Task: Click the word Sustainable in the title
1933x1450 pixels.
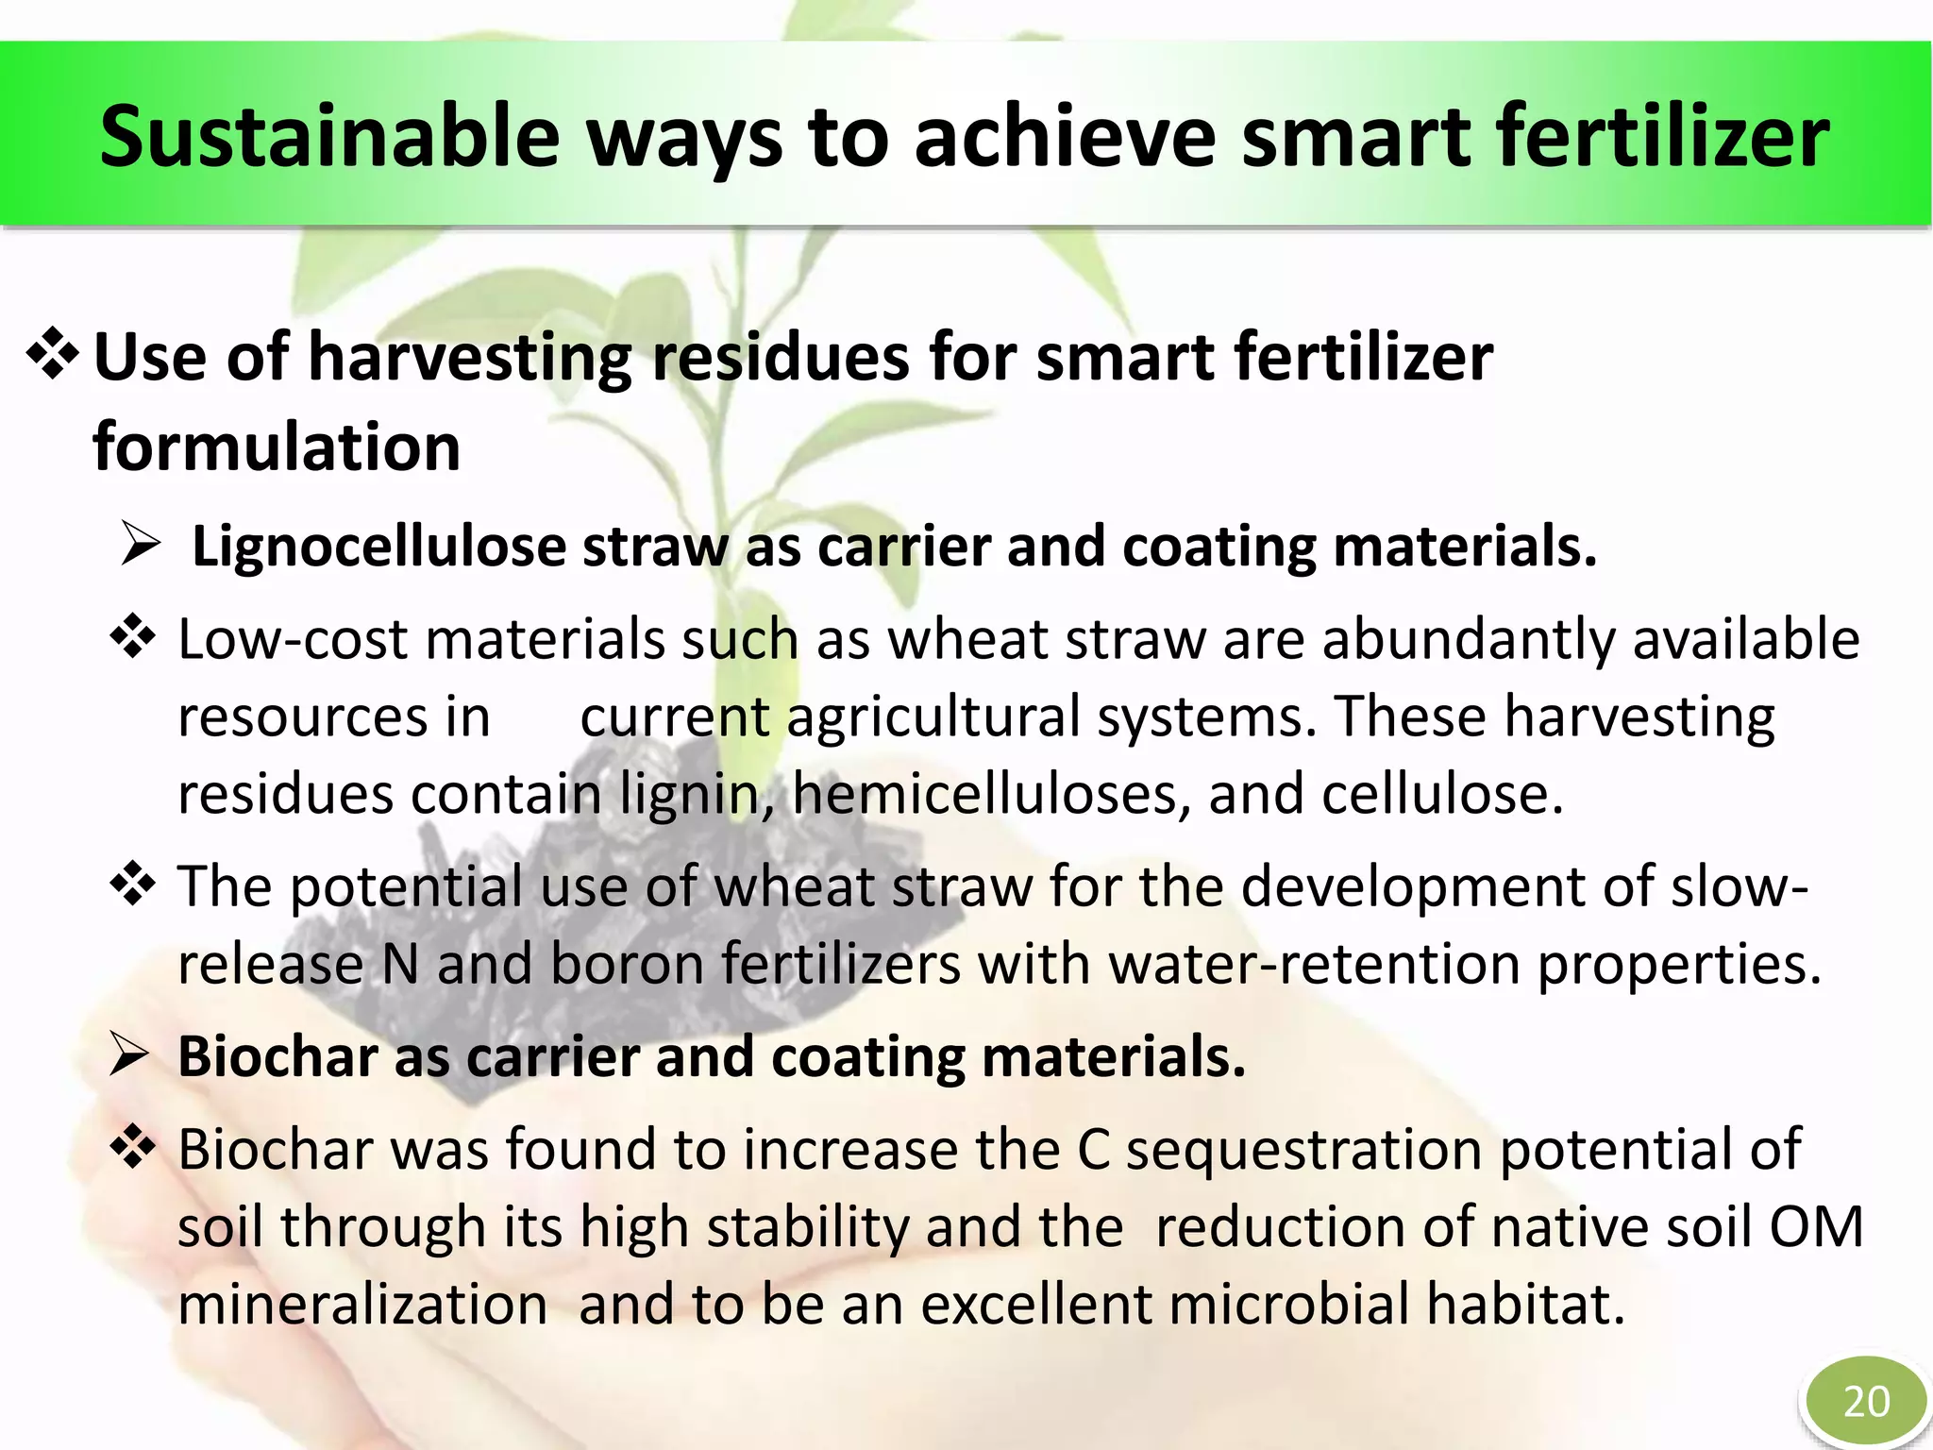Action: [x=329, y=138]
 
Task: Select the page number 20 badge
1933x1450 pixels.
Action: [x=1866, y=1401]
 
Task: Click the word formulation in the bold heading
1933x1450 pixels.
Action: [x=277, y=447]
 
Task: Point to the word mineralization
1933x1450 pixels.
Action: [x=362, y=1305]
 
